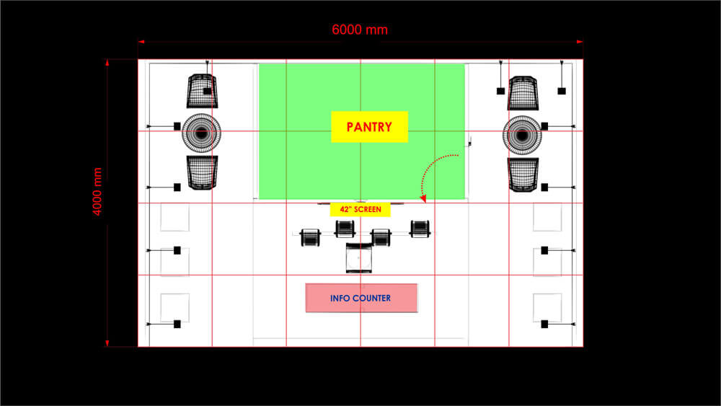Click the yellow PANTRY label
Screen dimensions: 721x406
tap(369, 126)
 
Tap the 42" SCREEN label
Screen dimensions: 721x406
tap(360, 210)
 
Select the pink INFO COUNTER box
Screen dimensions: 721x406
tap(361, 298)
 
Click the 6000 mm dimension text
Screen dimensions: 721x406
tap(360, 30)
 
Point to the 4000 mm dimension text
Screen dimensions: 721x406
tap(97, 191)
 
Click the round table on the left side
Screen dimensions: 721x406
tap(201, 133)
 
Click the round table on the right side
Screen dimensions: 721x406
tap(522, 135)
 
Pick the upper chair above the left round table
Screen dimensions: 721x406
tap(203, 91)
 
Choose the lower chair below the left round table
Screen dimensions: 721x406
tap(203, 173)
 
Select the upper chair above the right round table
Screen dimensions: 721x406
tap(523, 93)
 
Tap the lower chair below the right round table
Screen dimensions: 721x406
tap(523, 175)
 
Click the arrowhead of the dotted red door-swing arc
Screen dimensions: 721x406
tap(423, 198)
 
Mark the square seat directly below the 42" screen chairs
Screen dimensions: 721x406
tap(358, 258)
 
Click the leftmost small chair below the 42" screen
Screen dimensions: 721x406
tap(310, 238)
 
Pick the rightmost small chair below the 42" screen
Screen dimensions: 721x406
tap(420, 229)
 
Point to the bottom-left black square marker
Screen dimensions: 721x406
tap(177, 325)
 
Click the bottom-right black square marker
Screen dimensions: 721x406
tap(544, 325)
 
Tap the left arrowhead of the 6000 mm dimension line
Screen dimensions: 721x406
tap(141, 42)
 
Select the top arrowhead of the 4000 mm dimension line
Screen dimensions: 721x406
tap(107, 63)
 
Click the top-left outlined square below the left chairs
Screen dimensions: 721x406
tap(174, 217)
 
